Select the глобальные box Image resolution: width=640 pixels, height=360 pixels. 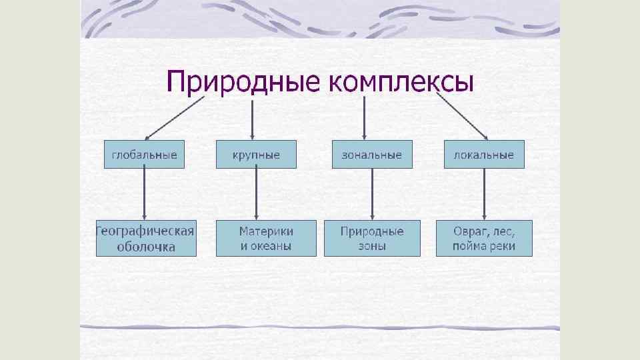click(144, 155)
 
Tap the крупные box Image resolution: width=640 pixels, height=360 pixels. click(256, 155)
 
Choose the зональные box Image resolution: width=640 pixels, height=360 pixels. click(372, 155)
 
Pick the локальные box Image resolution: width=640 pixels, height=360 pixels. click(484, 155)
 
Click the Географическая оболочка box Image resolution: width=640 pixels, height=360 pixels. click(146, 239)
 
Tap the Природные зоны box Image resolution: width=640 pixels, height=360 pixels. click(372, 239)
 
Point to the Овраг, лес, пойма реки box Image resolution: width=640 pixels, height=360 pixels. click(484, 239)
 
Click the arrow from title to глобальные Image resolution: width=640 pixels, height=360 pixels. click(175, 117)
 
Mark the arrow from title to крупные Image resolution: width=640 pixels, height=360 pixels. click(251, 119)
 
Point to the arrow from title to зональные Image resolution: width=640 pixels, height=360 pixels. click(364, 119)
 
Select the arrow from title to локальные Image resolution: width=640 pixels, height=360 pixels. click(462, 117)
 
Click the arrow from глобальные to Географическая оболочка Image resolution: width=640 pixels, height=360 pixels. click(145, 194)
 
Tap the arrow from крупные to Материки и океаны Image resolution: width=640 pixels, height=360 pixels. click(257, 194)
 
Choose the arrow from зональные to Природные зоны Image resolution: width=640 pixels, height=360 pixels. click(373, 194)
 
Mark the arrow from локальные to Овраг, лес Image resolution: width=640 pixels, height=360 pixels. click(485, 194)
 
